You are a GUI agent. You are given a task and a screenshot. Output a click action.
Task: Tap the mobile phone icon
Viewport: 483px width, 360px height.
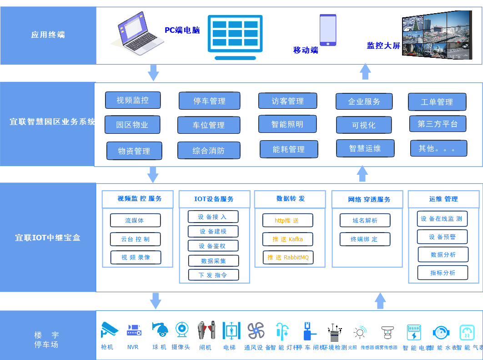pyautogui.click(x=328, y=30)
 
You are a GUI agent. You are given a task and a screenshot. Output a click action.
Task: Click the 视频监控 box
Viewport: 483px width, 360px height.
pyautogui.click(x=133, y=100)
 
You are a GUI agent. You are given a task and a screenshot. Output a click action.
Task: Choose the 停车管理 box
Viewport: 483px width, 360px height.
pyautogui.click(x=209, y=101)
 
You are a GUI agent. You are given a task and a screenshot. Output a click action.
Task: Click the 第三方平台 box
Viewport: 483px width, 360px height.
pyautogui.click(x=438, y=124)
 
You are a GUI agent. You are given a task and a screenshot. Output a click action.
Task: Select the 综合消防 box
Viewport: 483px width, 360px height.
pyautogui.click(x=209, y=151)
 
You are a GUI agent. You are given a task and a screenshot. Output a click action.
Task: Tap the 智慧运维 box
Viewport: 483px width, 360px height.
pyautogui.click(x=365, y=148)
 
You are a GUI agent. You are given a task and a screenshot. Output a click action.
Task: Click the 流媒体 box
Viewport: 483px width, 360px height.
pyautogui.click(x=135, y=220)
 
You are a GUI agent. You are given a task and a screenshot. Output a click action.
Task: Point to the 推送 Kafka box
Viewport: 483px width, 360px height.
pyautogui.click(x=287, y=239)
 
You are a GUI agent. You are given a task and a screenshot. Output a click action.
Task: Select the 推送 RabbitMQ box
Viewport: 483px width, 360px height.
pyautogui.click(x=288, y=258)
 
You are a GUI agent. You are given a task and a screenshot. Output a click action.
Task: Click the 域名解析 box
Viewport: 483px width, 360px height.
pyautogui.click(x=365, y=220)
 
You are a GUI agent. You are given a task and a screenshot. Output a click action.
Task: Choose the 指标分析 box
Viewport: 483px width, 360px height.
pyautogui.click(x=443, y=273)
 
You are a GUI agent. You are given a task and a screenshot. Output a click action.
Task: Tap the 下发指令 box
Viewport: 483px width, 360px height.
pyautogui.click(x=213, y=275)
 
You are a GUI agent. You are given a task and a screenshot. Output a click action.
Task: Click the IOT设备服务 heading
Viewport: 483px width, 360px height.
pyautogui.click(x=214, y=199)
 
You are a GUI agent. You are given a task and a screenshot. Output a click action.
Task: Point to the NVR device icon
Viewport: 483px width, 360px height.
pyautogui.click(x=134, y=330)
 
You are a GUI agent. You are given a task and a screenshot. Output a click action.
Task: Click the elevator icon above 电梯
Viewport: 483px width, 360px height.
pyautogui.click(x=231, y=330)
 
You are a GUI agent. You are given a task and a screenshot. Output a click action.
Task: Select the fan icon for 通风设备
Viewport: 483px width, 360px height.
pyautogui.click(x=256, y=330)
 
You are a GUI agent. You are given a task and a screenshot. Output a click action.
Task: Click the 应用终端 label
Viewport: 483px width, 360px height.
pyautogui.click(x=48, y=35)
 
